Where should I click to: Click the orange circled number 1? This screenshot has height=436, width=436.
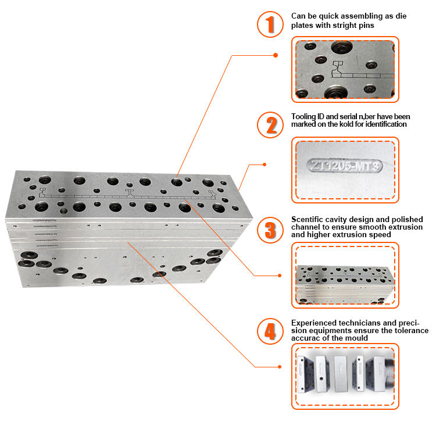[270, 24]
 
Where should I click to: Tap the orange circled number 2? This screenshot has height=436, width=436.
[270, 125]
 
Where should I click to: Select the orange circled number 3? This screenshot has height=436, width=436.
[270, 230]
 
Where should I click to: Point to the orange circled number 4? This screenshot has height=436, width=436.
[270, 331]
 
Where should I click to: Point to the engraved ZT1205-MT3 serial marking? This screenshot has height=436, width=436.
[345, 166]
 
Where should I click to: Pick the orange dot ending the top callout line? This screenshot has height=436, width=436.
[276, 55]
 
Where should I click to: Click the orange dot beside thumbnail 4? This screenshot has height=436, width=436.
[280, 367]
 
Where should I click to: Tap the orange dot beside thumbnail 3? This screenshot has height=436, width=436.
[280, 276]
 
